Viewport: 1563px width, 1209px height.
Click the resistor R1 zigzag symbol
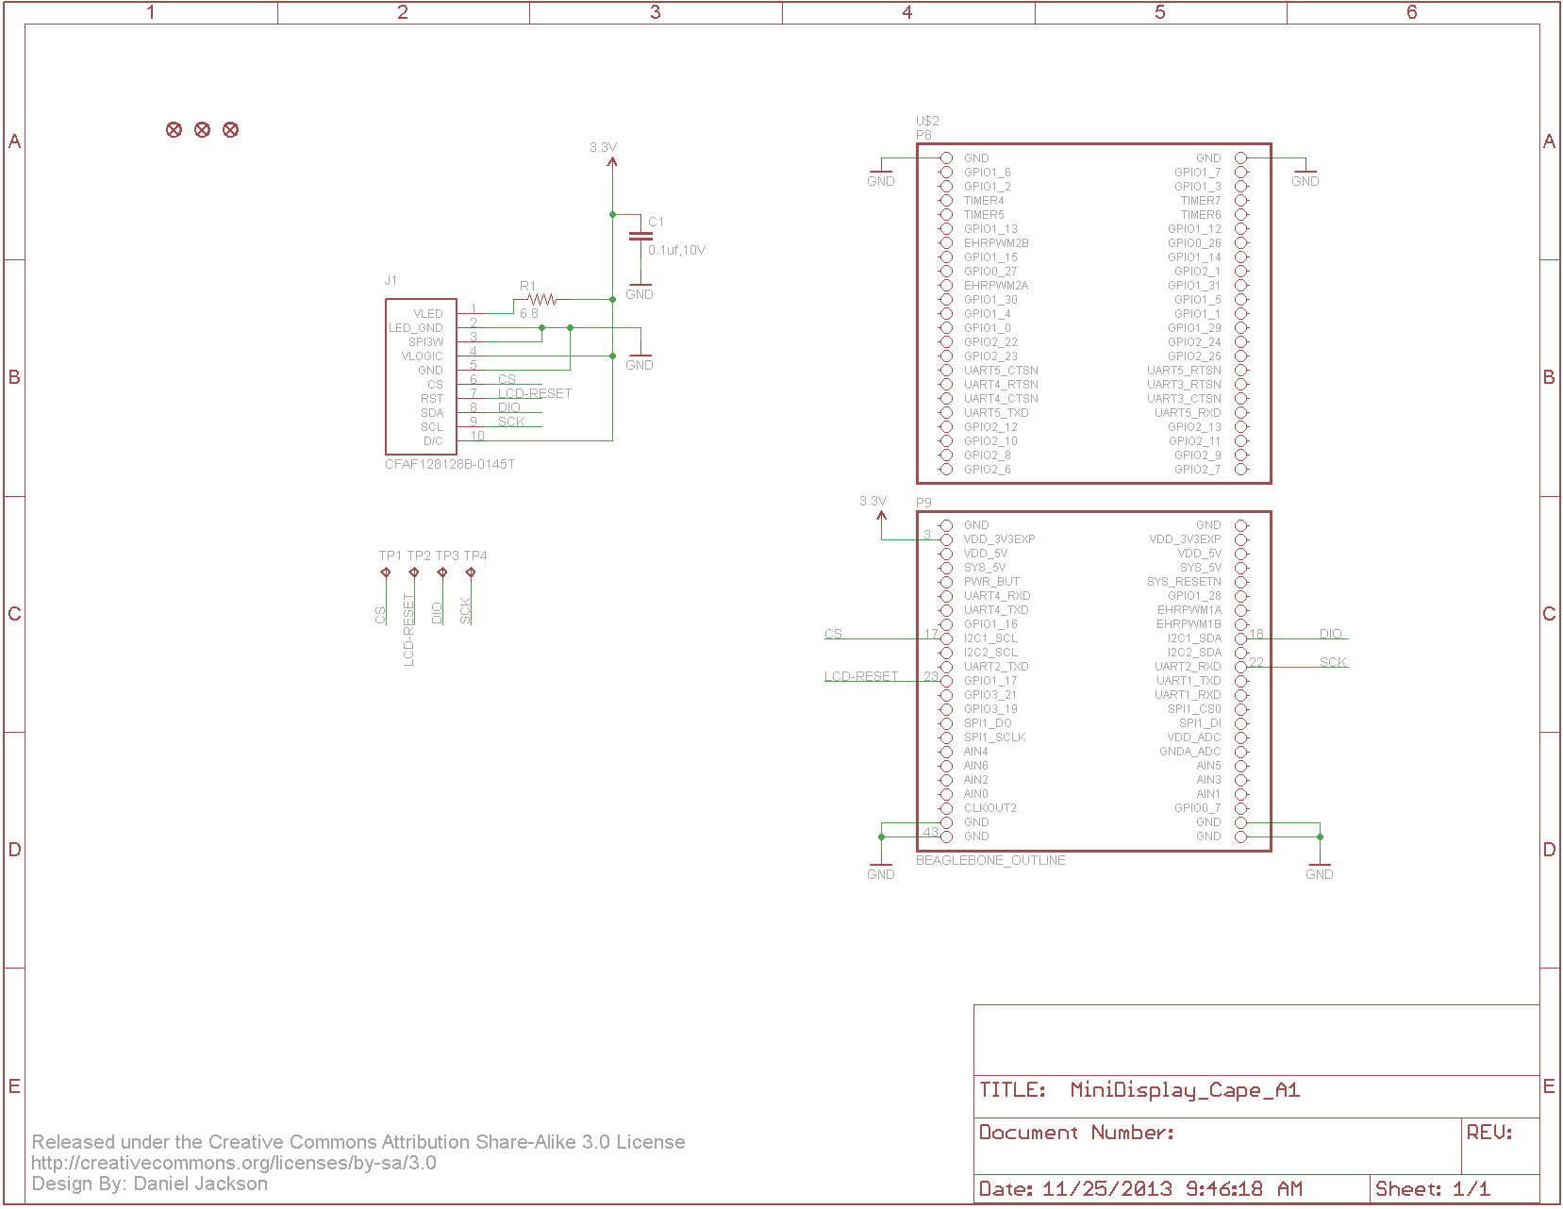tap(542, 299)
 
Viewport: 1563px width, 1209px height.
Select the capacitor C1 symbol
tap(640, 236)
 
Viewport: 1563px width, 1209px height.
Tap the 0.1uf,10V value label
tap(676, 250)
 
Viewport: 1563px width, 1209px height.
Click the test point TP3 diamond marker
tap(442, 572)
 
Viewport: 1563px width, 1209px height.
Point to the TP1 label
tap(390, 555)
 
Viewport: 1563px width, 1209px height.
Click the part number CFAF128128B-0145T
tap(450, 464)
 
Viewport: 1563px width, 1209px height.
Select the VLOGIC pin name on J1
tap(422, 356)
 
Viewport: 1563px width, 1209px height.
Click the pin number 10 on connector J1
tap(477, 436)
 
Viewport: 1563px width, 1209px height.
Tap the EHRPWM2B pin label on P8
tap(996, 243)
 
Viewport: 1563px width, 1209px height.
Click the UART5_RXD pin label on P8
tap(1188, 413)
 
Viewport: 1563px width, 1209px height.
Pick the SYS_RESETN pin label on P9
tap(1184, 582)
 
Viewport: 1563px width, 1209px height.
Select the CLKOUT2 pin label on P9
tap(989, 808)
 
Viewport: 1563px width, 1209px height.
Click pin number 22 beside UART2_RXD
tap(1256, 662)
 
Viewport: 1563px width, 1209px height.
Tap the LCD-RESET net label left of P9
tap(861, 676)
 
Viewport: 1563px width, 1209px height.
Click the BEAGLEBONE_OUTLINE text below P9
tap(990, 860)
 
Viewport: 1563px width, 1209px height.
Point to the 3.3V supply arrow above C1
tap(612, 161)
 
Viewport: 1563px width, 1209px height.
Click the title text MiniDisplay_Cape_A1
tap(1185, 1090)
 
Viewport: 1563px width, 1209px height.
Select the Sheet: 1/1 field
tap(1433, 1188)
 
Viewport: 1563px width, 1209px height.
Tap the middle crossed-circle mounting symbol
tap(202, 129)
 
